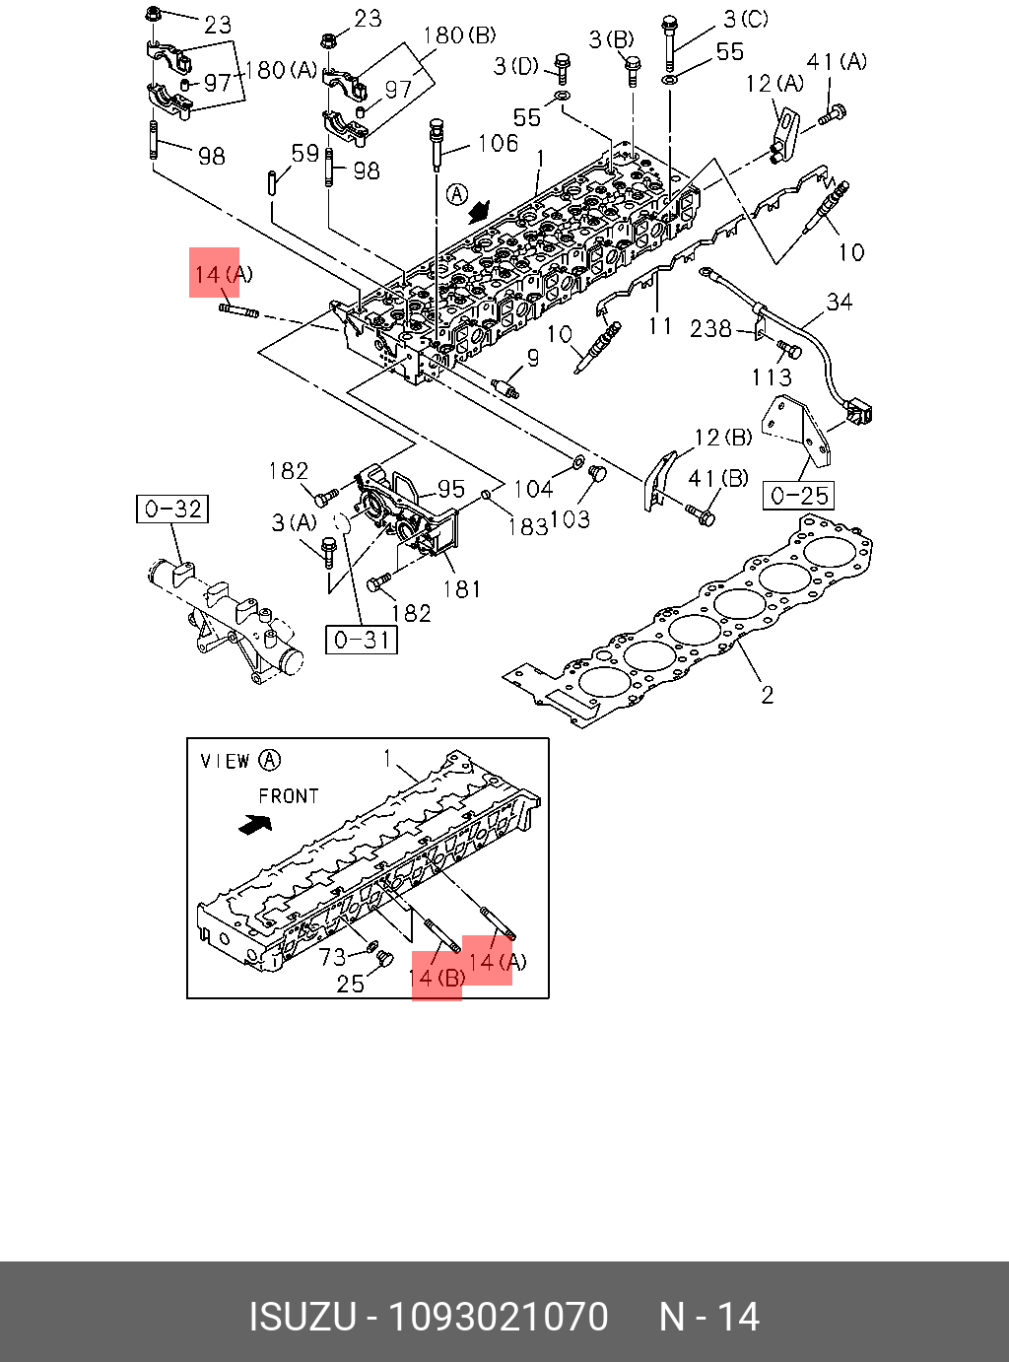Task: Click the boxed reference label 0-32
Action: (x=172, y=509)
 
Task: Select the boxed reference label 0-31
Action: (x=362, y=640)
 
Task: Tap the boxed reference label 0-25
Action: (x=798, y=495)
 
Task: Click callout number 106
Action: (x=498, y=144)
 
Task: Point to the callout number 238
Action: (x=710, y=328)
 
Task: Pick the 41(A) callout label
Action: (x=837, y=61)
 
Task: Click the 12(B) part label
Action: (x=722, y=437)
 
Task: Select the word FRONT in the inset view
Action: (x=289, y=795)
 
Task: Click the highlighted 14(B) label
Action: (x=437, y=978)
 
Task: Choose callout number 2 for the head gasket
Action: (x=768, y=695)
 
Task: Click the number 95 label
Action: (x=450, y=489)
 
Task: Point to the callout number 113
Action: (x=771, y=376)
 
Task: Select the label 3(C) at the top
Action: (x=745, y=19)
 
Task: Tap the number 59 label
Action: (x=305, y=154)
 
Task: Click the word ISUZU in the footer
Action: (x=302, y=1317)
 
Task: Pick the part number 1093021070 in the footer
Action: (x=498, y=1317)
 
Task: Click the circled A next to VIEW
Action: (x=269, y=760)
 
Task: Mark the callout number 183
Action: (x=527, y=526)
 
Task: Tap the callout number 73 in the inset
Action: (x=333, y=956)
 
